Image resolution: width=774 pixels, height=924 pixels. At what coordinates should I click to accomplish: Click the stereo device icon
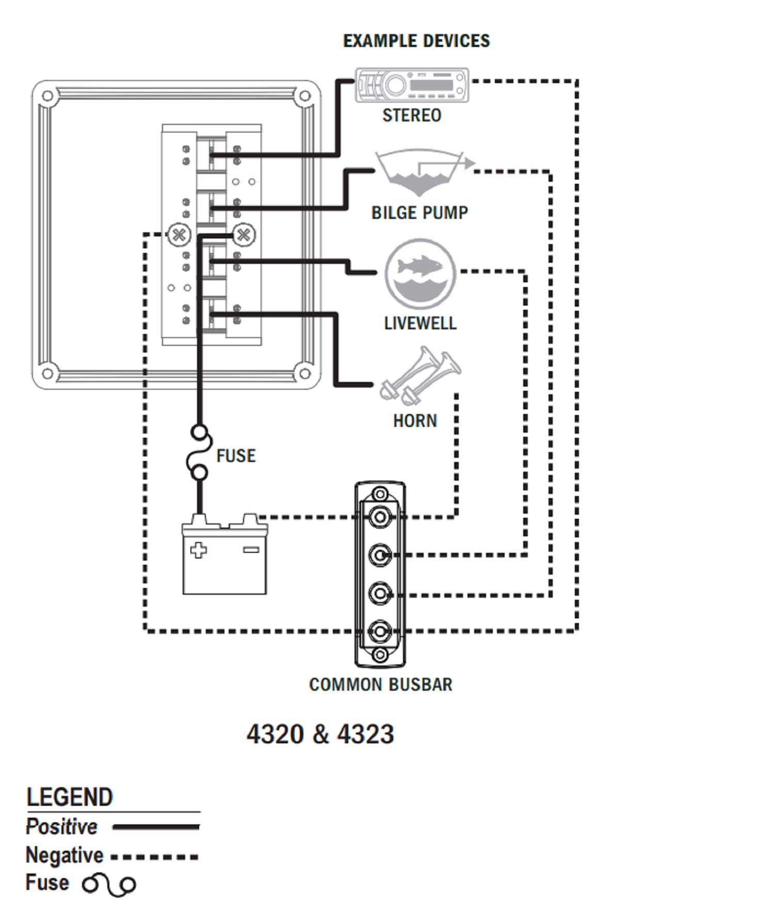coord(412,85)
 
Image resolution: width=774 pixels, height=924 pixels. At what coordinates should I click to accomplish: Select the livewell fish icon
coord(420,273)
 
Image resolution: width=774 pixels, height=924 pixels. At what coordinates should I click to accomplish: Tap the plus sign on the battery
coord(199,550)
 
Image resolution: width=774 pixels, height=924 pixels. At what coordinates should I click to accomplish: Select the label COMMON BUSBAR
coord(381,684)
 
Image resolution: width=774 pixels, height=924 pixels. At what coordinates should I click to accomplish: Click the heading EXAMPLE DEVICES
coord(416,41)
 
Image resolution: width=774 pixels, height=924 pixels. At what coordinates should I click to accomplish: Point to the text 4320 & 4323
coord(320,734)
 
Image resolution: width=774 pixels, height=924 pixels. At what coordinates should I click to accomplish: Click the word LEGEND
coord(70,798)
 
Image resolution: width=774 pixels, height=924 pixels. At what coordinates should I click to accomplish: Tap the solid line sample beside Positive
coord(156,827)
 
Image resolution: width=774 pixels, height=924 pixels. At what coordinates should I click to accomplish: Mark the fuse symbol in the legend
coord(109,885)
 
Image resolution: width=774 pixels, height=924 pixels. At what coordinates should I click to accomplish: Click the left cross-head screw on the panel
coord(179,235)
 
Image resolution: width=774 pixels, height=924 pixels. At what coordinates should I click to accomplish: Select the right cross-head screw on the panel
coord(244,235)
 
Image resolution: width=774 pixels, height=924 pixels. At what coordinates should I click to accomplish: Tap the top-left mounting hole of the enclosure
coord(47,96)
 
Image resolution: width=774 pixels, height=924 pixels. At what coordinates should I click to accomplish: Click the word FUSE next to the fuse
coord(236,456)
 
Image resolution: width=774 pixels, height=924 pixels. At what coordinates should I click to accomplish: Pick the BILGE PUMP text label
coord(420,213)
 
